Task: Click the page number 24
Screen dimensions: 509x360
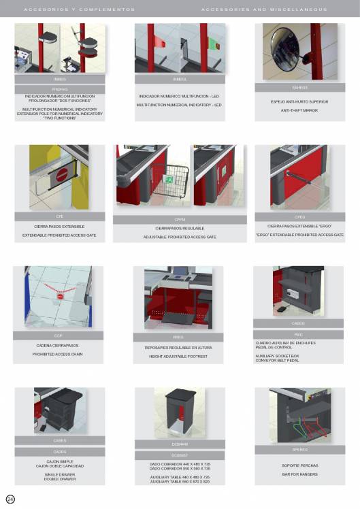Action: click(10, 499)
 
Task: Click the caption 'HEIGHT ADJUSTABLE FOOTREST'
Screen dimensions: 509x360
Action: click(179, 356)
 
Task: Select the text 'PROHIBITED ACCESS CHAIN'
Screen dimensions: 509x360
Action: click(58, 354)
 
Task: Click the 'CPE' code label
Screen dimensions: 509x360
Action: click(59, 216)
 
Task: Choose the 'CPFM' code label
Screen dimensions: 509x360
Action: click(179, 220)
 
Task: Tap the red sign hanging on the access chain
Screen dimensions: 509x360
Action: click(61, 297)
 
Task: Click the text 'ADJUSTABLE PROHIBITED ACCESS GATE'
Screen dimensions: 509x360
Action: click(179, 237)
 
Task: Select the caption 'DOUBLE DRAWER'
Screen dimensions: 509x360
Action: click(60, 478)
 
